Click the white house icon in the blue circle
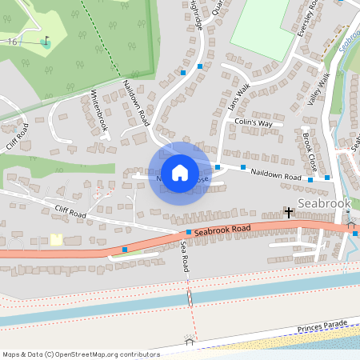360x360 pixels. [x=180, y=172]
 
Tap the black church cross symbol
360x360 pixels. [x=288, y=212]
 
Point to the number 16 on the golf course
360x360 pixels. [x=11, y=41]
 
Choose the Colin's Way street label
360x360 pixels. [x=254, y=123]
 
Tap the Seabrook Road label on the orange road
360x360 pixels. [x=222, y=229]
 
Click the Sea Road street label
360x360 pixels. [x=184, y=258]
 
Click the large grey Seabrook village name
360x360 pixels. [x=323, y=203]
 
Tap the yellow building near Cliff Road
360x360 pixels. [x=56, y=239]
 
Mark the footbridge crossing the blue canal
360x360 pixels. [x=190, y=297]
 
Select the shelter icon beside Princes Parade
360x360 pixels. [x=190, y=340]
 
